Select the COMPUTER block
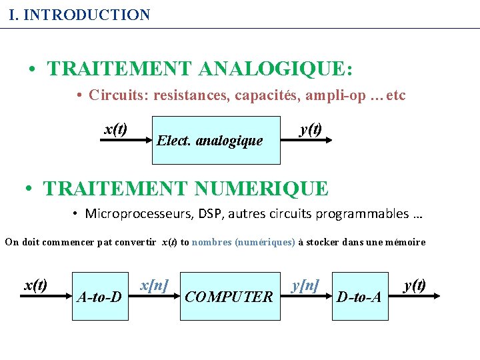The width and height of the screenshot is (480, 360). (x=229, y=296)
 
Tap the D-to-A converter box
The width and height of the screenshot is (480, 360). (x=359, y=296)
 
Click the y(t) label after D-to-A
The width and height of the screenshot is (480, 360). (x=415, y=285)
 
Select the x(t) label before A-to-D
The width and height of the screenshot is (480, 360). (x=35, y=285)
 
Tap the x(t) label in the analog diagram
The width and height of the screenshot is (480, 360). (x=117, y=129)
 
